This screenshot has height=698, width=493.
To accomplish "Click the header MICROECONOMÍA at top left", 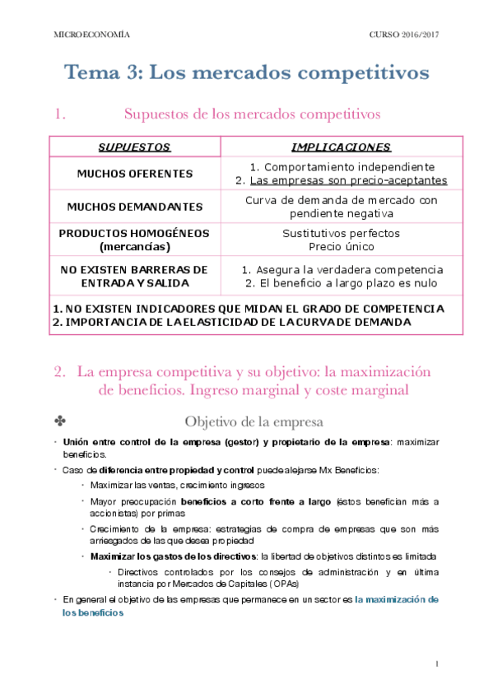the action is (91, 36).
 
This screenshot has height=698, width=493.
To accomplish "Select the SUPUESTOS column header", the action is (134, 147).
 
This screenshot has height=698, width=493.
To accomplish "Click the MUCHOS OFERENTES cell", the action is (135, 174).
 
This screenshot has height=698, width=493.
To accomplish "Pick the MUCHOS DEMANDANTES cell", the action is (135, 207).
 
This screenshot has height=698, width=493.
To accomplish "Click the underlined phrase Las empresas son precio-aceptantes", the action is (348, 180).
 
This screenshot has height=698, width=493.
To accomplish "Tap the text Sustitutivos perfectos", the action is (341, 234).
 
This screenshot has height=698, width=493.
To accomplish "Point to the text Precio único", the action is (341, 246).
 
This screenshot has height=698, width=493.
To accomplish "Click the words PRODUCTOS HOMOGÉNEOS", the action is (135, 234).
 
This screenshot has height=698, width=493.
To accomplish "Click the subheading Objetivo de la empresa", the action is (253, 423).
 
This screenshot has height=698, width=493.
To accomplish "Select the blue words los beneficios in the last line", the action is (92, 613).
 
